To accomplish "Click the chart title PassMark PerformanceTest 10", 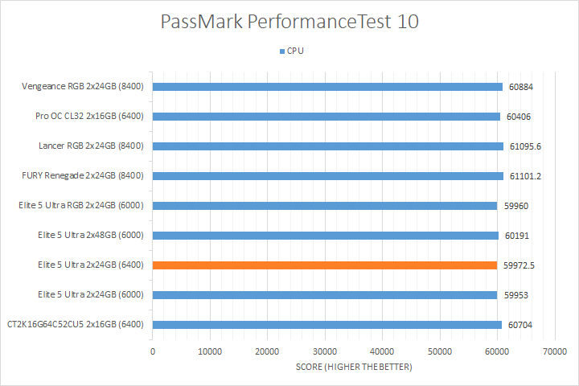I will pos(289,22).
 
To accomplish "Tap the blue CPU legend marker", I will pos(281,51).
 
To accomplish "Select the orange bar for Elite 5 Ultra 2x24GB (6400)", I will pos(325,265).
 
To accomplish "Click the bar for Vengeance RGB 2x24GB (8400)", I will pos(327,87).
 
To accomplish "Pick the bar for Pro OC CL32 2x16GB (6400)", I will pos(326,117).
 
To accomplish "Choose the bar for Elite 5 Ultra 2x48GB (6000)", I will pos(325,236).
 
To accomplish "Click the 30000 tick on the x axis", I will pos(325,351).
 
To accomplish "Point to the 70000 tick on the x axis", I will pos(554,351).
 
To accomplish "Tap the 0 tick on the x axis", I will pos(153,351).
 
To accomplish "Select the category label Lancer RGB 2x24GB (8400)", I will pos(91,146).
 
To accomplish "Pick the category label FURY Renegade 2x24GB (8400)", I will pos(83,176).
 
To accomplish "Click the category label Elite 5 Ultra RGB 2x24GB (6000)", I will pos(80,206).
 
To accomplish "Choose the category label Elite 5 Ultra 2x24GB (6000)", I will pos(90,295).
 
